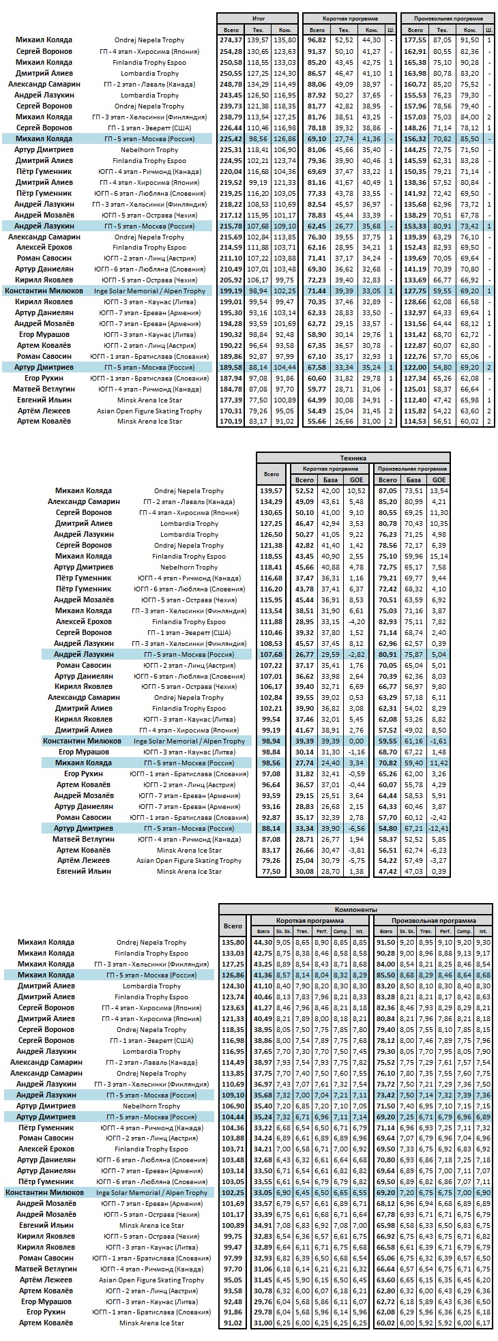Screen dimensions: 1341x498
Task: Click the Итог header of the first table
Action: coord(258,18)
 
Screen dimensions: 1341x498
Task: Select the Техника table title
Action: coord(353,458)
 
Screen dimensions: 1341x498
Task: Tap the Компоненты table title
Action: coord(355,909)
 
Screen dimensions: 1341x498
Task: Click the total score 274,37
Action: coord(231,40)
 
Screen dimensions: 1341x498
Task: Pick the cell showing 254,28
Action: coord(231,51)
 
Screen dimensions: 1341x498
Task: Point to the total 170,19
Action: coord(231,422)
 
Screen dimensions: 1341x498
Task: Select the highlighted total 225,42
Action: coord(231,138)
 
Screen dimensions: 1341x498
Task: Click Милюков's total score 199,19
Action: coord(231,291)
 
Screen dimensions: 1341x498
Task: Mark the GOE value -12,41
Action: coord(439,828)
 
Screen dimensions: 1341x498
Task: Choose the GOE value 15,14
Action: coord(439,556)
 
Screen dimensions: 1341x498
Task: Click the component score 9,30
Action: coord(484,942)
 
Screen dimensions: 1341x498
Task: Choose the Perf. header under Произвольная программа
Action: coord(445,930)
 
